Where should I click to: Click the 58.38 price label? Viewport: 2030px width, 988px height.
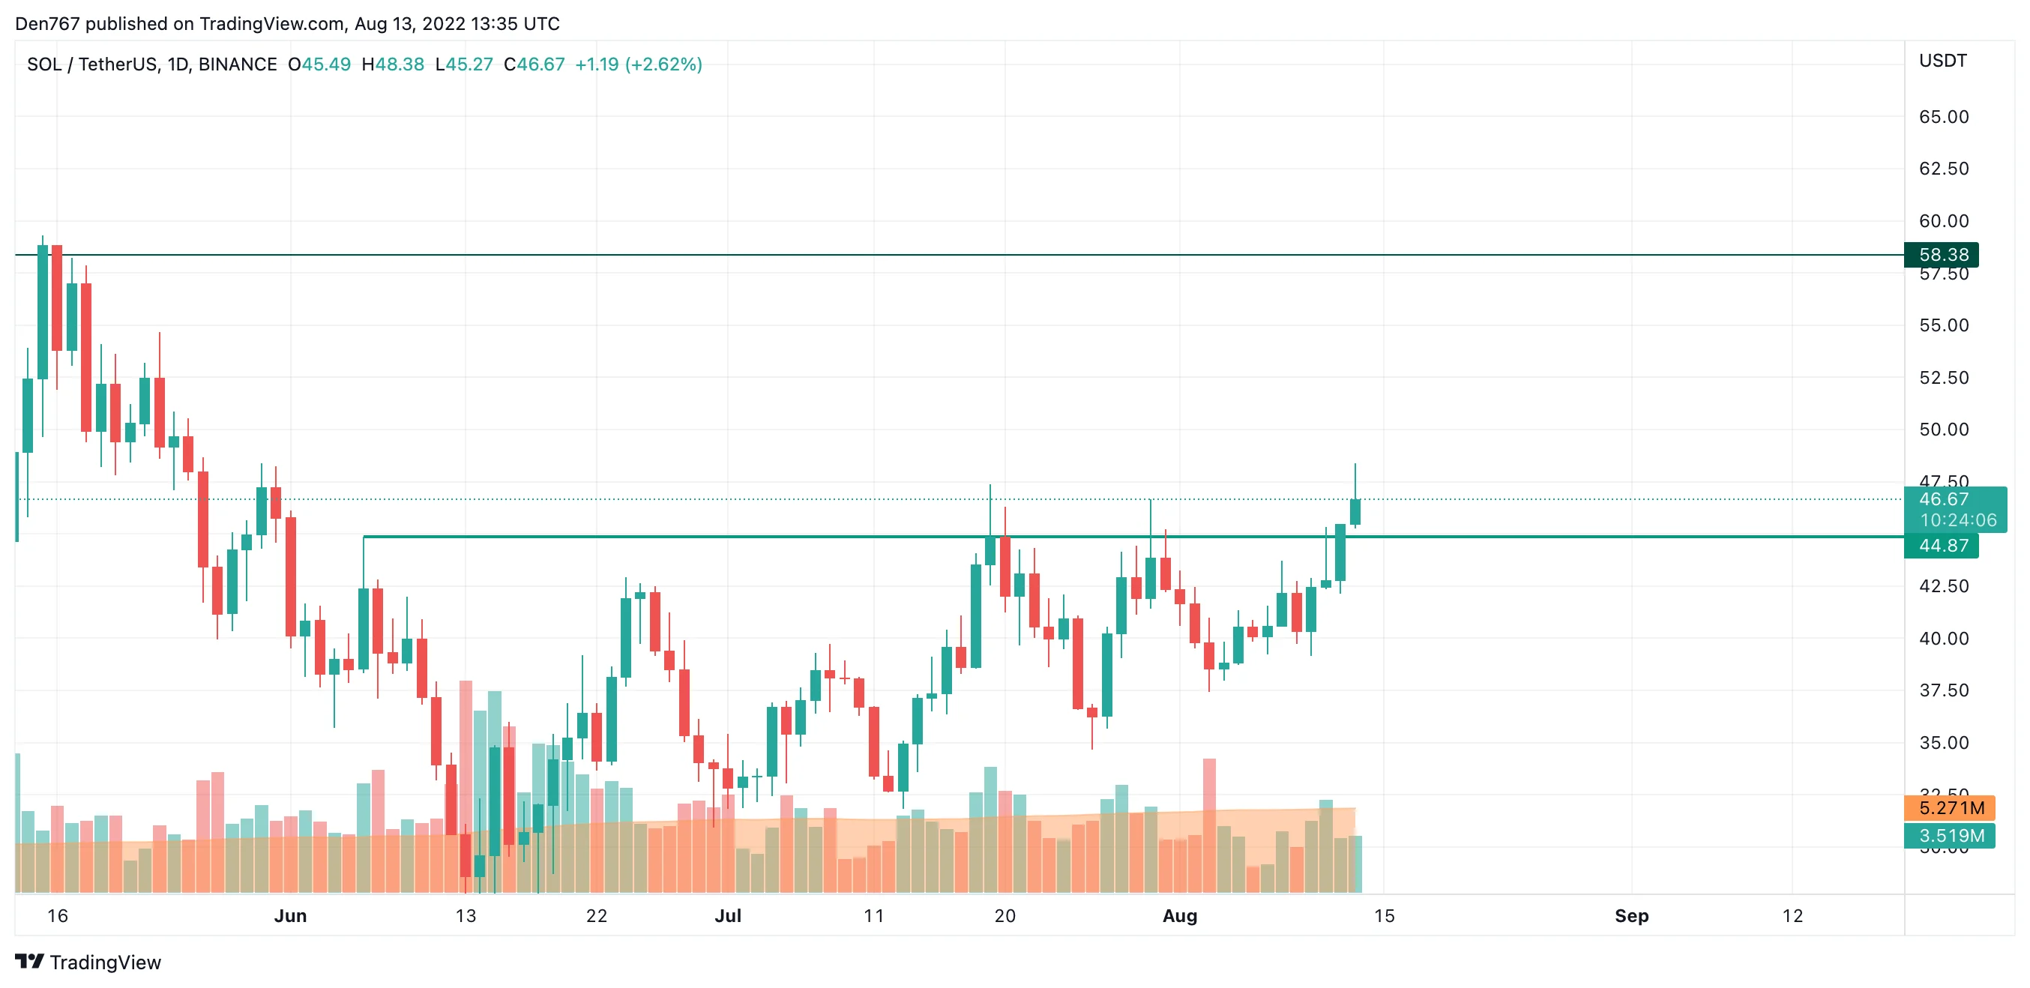(x=1942, y=254)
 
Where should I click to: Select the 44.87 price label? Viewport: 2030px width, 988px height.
(x=1942, y=545)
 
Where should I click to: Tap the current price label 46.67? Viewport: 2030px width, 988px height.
(x=1943, y=498)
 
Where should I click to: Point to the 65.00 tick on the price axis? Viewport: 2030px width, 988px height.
(x=1943, y=117)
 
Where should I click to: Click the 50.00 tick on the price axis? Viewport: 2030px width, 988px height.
(x=1943, y=430)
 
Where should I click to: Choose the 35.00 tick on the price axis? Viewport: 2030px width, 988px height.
(x=1943, y=742)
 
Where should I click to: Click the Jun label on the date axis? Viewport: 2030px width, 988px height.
(x=290, y=915)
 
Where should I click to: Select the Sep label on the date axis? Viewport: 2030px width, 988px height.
(x=1631, y=915)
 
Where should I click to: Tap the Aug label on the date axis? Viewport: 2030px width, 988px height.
(x=1180, y=915)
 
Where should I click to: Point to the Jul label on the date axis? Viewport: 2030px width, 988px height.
(x=727, y=915)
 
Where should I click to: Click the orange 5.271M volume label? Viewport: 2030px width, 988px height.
(x=1951, y=807)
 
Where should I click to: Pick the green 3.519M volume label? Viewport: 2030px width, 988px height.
(x=1951, y=835)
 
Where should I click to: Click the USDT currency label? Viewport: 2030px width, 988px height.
(x=1942, y=61)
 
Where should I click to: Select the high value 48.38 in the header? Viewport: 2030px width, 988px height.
(x=400, y=64)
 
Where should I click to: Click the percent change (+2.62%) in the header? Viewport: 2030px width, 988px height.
(x=663, y=64)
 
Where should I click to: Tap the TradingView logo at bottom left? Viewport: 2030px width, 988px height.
(x=88, y=962)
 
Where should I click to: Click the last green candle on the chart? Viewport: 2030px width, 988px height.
(x=1355, y=511)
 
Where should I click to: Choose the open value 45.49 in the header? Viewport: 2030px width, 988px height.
(x=326, y=64)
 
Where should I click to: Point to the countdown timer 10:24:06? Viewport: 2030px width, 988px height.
(x=1957, y=520)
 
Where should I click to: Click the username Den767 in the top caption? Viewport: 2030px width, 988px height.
(x=47, y=24)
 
